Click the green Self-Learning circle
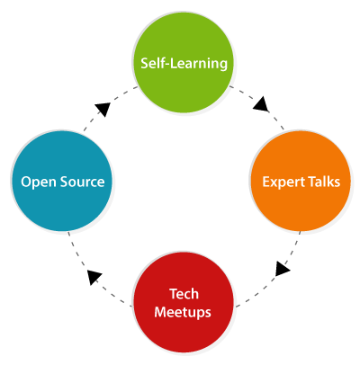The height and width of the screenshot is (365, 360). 184,63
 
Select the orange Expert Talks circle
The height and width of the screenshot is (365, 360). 301,181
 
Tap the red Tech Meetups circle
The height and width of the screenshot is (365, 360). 184,302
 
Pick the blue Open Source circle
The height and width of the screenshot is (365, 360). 62,181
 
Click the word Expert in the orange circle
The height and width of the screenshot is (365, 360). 282,182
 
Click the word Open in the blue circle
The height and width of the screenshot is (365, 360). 39,182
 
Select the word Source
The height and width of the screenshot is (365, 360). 82,182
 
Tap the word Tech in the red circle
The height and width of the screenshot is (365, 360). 184,294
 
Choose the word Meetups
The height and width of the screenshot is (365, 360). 183,313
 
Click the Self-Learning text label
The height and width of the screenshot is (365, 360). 184,64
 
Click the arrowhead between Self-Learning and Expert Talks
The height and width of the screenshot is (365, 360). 261,104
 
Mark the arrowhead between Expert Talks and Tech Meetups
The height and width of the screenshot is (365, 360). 282,269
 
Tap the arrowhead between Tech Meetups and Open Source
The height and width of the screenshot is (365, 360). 94,277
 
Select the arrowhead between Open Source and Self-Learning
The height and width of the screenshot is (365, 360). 103,109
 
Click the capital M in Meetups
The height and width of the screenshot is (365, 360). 161,312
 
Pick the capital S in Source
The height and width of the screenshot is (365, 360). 64,182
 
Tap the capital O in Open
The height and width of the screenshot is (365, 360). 26,182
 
